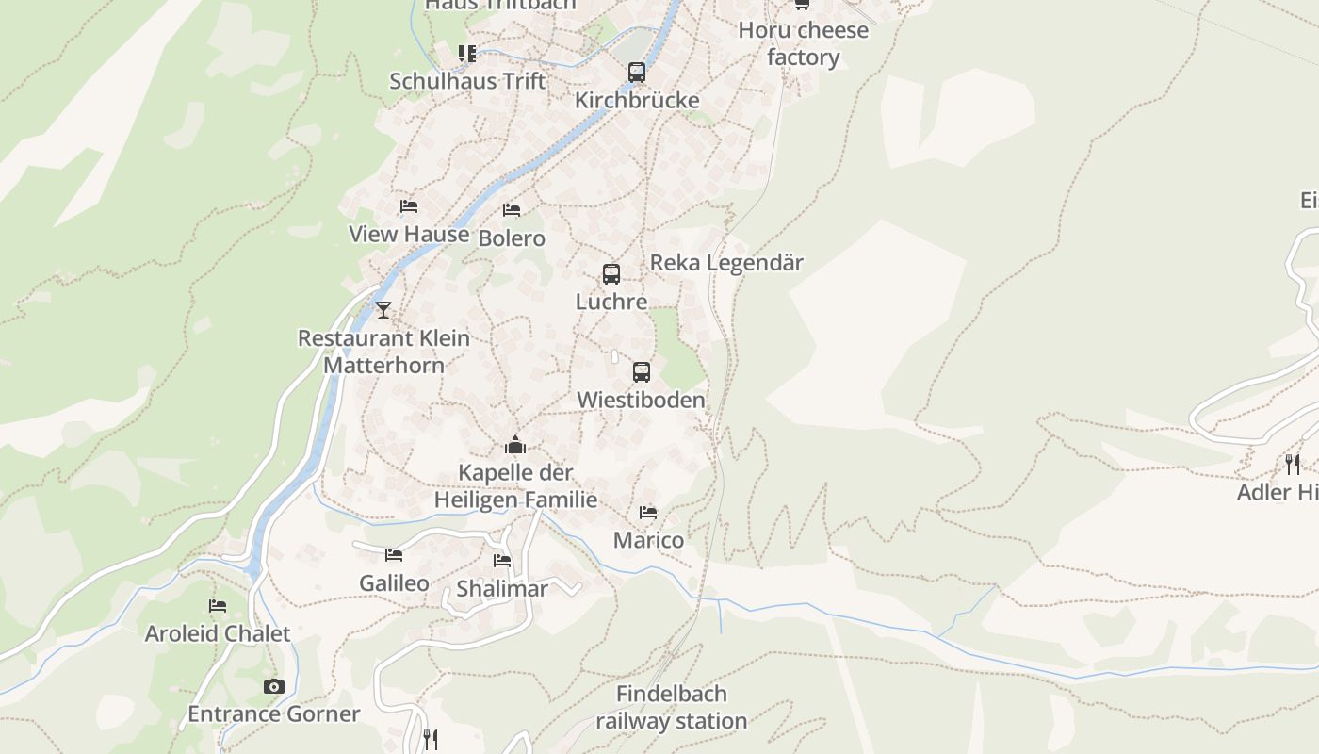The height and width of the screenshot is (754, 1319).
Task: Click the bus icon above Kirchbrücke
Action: click(x=637, y=72)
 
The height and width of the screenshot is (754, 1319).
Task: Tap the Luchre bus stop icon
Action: click(x=611, y=274)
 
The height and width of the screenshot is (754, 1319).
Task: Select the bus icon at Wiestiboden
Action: click(x=642, y=372)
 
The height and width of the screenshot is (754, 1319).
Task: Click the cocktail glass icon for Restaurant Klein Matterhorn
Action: click(x=383, y=309)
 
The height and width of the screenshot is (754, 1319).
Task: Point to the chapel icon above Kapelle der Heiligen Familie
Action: click(x=515, y=444)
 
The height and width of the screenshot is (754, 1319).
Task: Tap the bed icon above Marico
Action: click(x=648, y=513)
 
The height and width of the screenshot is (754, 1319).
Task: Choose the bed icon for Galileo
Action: click(x=394, y=555)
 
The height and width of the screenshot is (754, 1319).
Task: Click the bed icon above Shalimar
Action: click(x=502, y=561)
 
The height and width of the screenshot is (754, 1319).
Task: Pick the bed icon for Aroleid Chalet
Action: click(x=218, y=606)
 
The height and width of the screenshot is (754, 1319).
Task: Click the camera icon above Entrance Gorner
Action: click(x=274, y=686)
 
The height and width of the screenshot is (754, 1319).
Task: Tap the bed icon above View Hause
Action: click(x=409, y=206)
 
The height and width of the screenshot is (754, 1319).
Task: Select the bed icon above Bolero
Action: click(x=512, y=209)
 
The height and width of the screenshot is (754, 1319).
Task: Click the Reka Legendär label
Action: click(x=726, y=263)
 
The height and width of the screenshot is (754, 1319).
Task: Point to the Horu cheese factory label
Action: click(x=803, y=43)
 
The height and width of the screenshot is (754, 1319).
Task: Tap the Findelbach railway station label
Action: click(x=672, y=708)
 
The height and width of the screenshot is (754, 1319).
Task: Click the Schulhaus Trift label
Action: click(x=467, y=81)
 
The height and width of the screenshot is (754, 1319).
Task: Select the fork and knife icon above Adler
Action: click(x=1293, y=464)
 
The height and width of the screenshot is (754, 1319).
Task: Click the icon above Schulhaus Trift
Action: click(x=467, y=54)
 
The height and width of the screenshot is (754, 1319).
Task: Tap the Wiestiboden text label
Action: click(x=641, y=400)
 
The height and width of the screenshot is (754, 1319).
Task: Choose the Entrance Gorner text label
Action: click(x=273, y=713)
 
